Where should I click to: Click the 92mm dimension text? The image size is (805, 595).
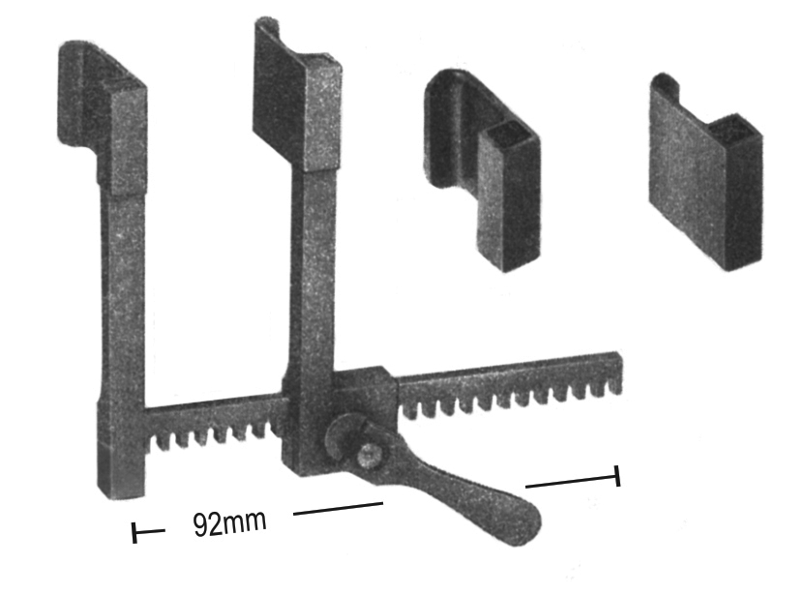pos(229,522)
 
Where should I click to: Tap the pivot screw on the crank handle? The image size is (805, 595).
pos(369,455)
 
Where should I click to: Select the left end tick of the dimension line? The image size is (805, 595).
pos(134,532)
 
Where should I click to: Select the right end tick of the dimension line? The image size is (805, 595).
pos(617,476)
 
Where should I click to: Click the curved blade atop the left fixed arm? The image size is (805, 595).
pos(102,118)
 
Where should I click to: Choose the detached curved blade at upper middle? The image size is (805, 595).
pos(483,169)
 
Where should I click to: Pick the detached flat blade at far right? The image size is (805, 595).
pos(706,172)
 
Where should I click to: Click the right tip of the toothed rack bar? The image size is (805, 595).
pos(620,372)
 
